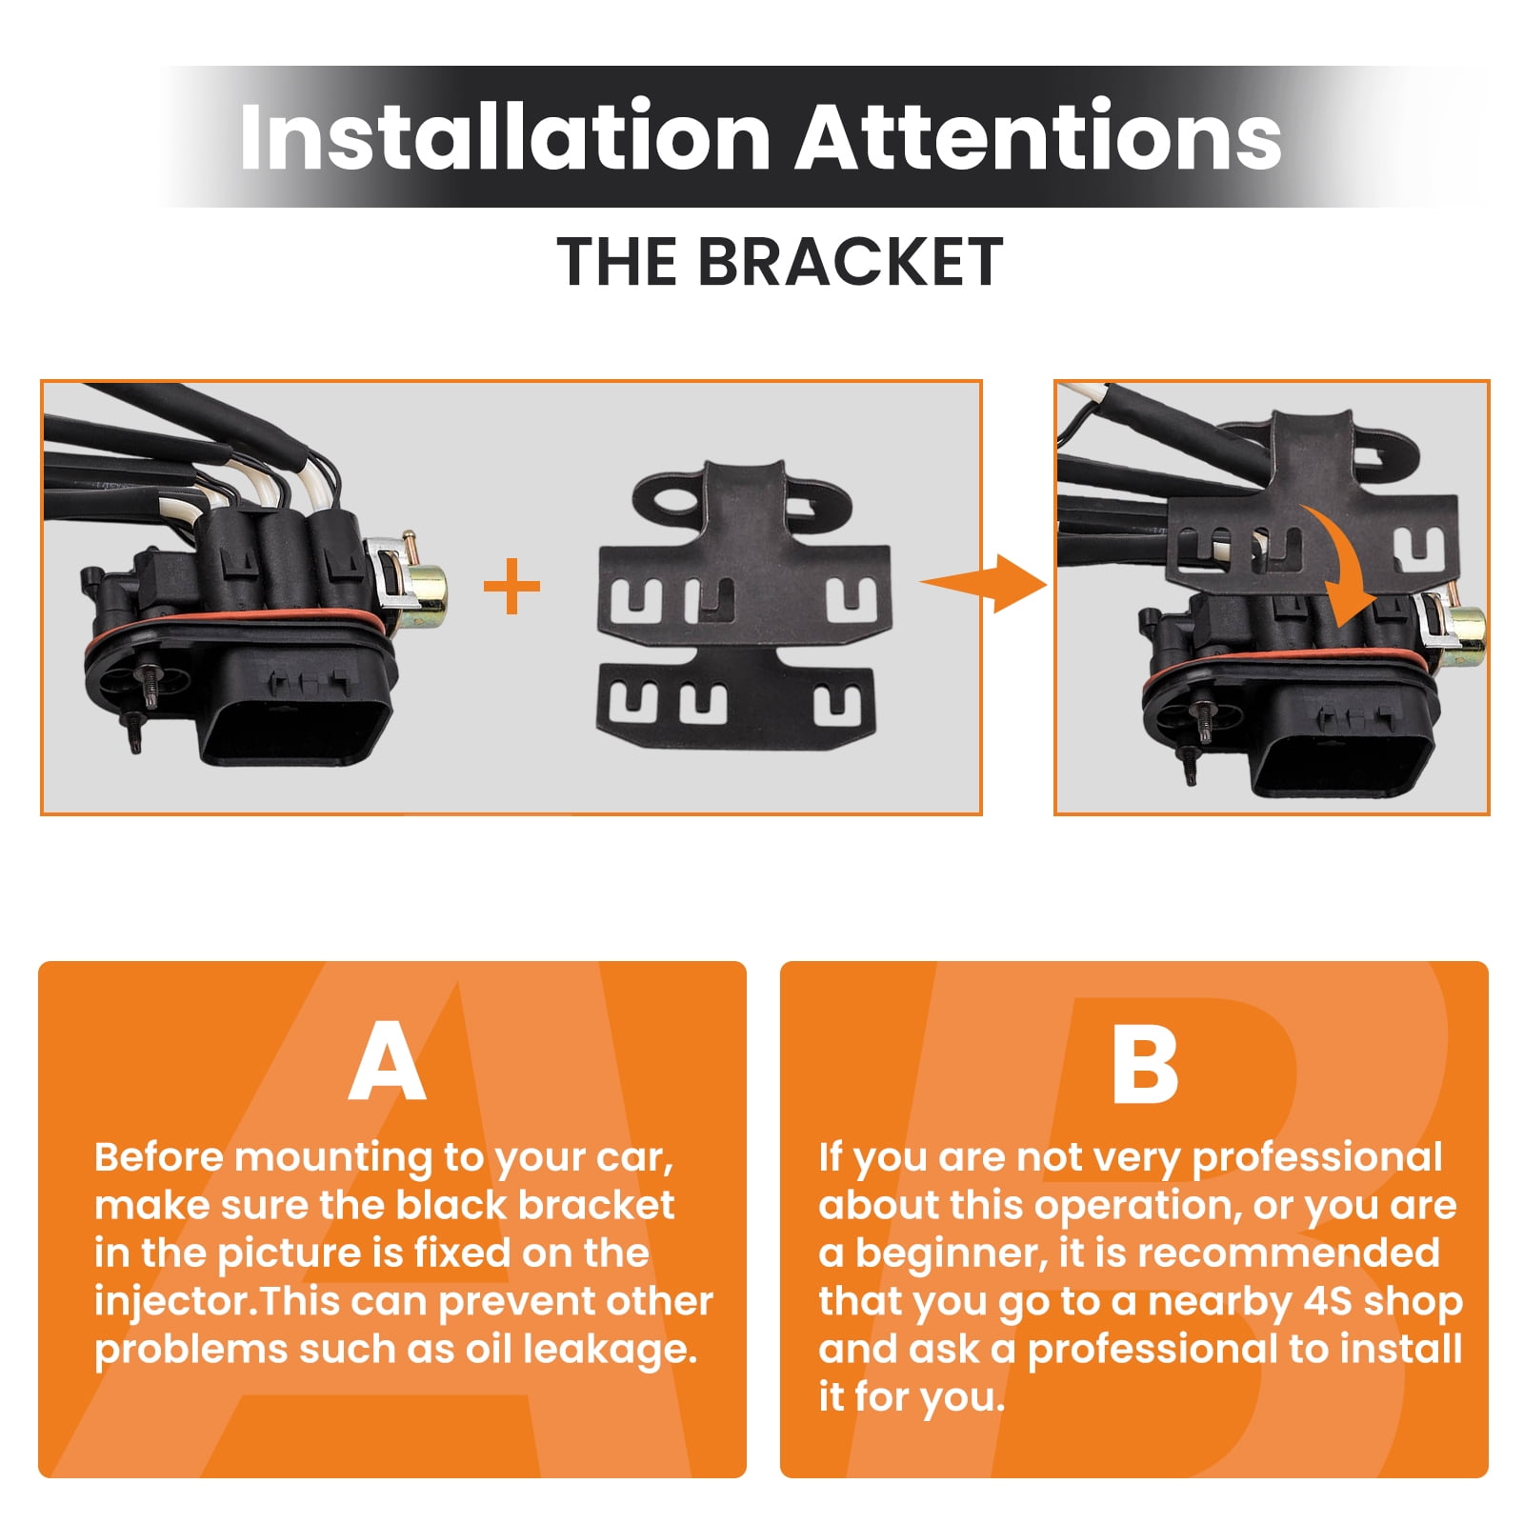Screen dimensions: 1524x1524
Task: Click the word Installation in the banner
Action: (x=505, y=137)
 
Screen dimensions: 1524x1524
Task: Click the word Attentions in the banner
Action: (x=1039, y=137)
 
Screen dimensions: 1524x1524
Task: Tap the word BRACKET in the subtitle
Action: (x=850, y=262)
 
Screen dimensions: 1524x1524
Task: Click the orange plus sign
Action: (x=512, y=586)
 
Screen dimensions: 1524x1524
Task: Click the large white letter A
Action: (x=387, y=1060)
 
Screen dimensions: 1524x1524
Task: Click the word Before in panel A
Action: (x=159, y=1157)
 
